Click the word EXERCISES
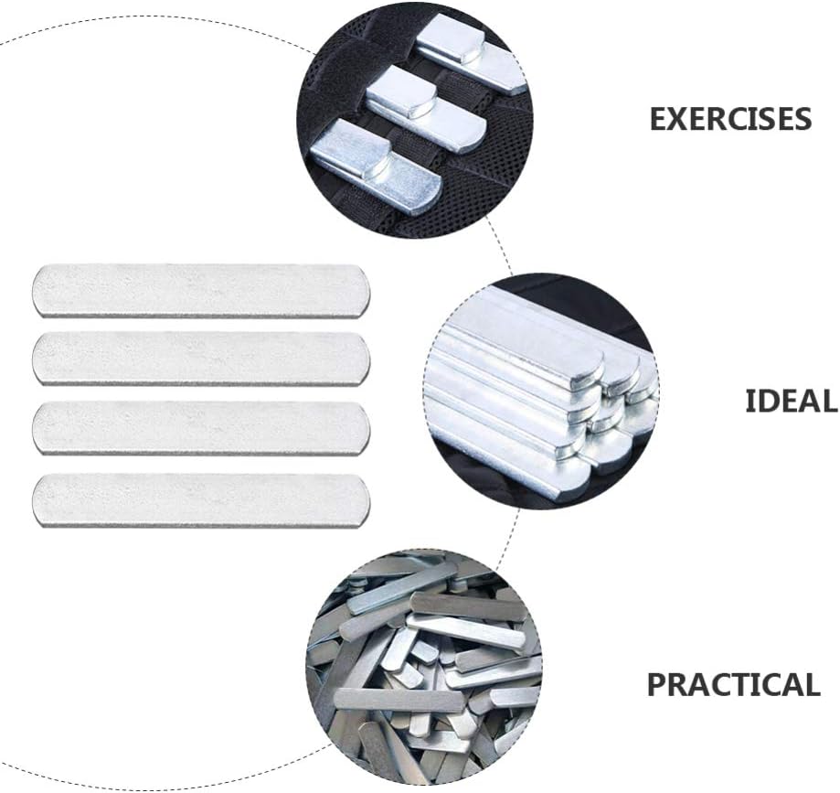tap(730, 119)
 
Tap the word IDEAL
tap(792, 400)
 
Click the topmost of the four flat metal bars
tap(201, 291)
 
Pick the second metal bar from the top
tap(201, 359)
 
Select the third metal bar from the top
tap(201, 428)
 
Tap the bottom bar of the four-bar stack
tap(201, 499)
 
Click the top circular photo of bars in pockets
tap(415, 117)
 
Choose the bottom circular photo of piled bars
tap(423, 667)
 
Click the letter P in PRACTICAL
tap(657, 684)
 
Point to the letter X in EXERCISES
tap(679, 119)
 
